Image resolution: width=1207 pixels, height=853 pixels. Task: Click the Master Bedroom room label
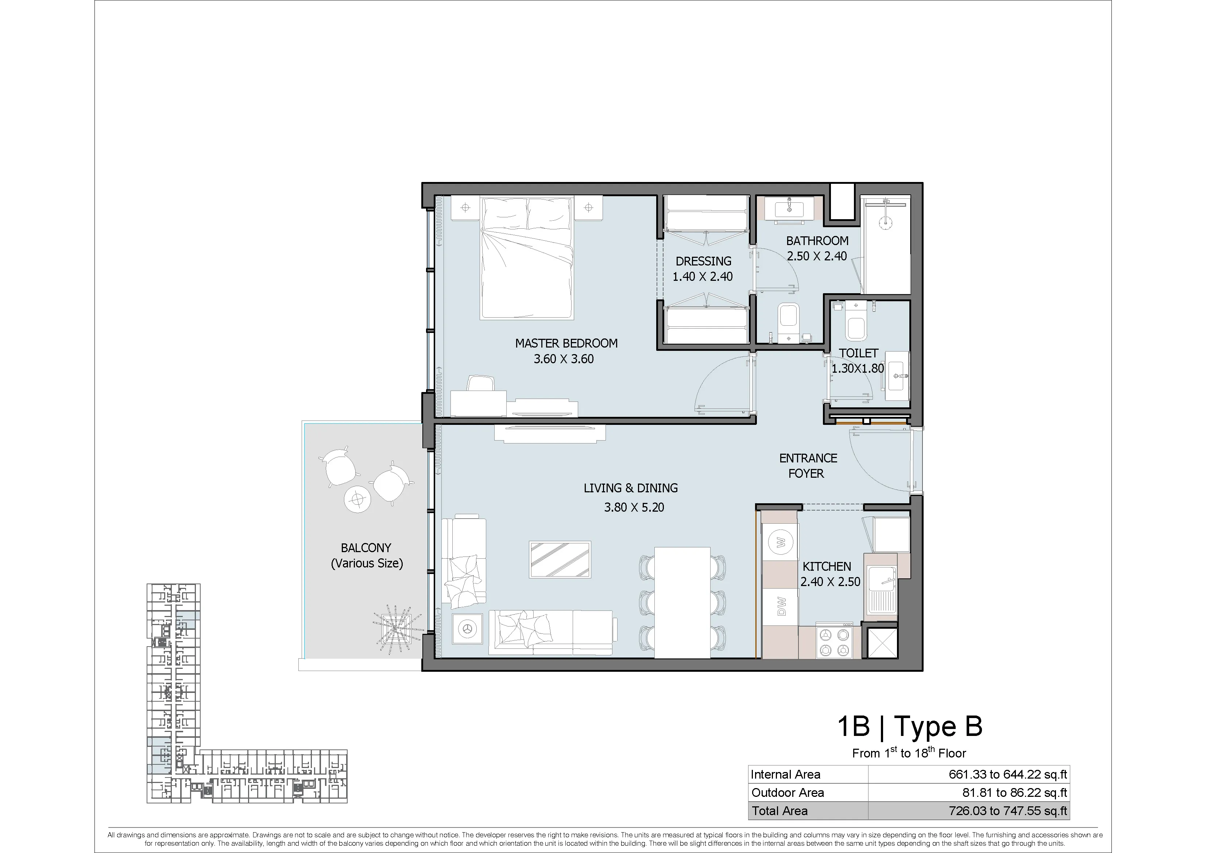(x=566, y=343)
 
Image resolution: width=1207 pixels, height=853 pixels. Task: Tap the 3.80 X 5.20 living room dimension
(x=634, y=507)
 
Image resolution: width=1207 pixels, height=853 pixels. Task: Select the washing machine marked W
(x=781, y=542)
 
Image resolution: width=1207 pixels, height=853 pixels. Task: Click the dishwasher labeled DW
(x=781, y=606)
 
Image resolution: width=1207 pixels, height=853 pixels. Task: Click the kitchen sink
(x=882, y=590)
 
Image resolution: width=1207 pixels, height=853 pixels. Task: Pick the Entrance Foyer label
(x=808, y=466)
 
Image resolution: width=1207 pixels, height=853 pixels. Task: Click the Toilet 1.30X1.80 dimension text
(x=858, y=368)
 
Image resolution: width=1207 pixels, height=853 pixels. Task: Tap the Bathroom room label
(x=817, y=241)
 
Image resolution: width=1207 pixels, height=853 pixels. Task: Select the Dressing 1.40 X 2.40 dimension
(x=702, y=276)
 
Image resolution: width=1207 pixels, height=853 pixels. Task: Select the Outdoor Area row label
(x=788, y=792)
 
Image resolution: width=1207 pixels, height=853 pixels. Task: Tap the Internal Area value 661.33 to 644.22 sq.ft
(x=1008, y=774)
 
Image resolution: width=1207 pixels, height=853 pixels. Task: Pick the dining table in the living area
(x=682, y=602)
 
